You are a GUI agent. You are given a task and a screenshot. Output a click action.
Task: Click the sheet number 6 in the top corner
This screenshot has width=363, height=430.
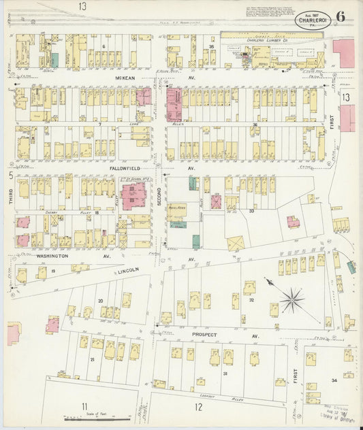340,18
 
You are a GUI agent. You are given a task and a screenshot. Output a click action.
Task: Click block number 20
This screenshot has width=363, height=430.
100,300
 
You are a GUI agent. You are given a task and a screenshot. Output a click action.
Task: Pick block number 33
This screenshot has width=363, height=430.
251,211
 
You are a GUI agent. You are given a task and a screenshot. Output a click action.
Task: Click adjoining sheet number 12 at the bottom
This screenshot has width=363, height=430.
198,408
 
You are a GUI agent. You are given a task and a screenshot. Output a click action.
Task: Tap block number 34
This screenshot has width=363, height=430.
334,380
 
